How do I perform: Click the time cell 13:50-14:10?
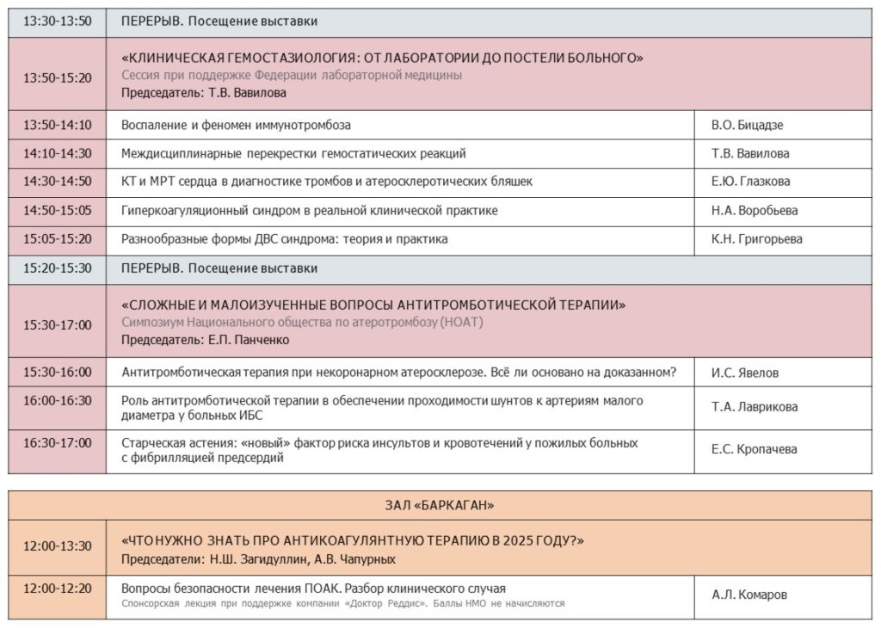pos(57,125)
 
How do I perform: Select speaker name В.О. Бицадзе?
pos(747,125)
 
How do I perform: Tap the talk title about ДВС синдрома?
pos(285,239)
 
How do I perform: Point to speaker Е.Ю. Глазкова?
pos(750,182)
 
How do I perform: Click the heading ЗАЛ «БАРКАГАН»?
pos(440,504)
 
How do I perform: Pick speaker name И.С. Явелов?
pos(746,373)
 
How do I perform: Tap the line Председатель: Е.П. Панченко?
pos(206,340)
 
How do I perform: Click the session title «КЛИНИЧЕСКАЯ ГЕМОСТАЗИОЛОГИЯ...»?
pos(384,58)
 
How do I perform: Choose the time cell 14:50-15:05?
pos(57,210)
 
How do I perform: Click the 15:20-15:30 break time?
pos(57,268)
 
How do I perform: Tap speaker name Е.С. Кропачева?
pos(754,449)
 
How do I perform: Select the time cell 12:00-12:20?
pos(57,589)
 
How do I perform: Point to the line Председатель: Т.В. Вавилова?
pos(204,93)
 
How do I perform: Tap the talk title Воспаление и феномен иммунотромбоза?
pos(237,125)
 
